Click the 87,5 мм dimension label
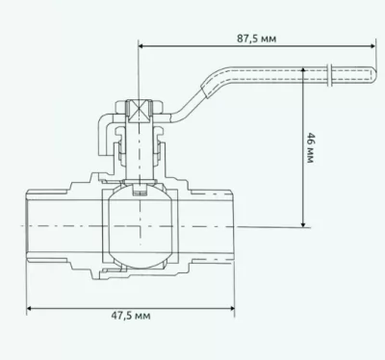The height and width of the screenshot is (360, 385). click(x=256, y=39)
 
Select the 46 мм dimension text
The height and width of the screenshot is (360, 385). click(x=310, y=147)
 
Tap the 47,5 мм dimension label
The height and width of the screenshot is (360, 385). click(x=131, y=316)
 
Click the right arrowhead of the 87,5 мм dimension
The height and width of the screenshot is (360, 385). click(x=372, y=46)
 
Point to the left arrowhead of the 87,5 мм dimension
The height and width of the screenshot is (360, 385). click(x=141, y=46)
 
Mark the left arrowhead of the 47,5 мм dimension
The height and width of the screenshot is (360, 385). click(x=30, y=309)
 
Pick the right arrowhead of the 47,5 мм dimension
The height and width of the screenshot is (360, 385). click(x=231, y=309)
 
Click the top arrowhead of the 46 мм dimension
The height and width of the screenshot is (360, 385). click(x=303, y=70)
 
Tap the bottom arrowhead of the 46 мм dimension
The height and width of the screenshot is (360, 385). click(x=303, y=224)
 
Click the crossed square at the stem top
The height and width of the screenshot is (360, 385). click(x=139, y=111)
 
